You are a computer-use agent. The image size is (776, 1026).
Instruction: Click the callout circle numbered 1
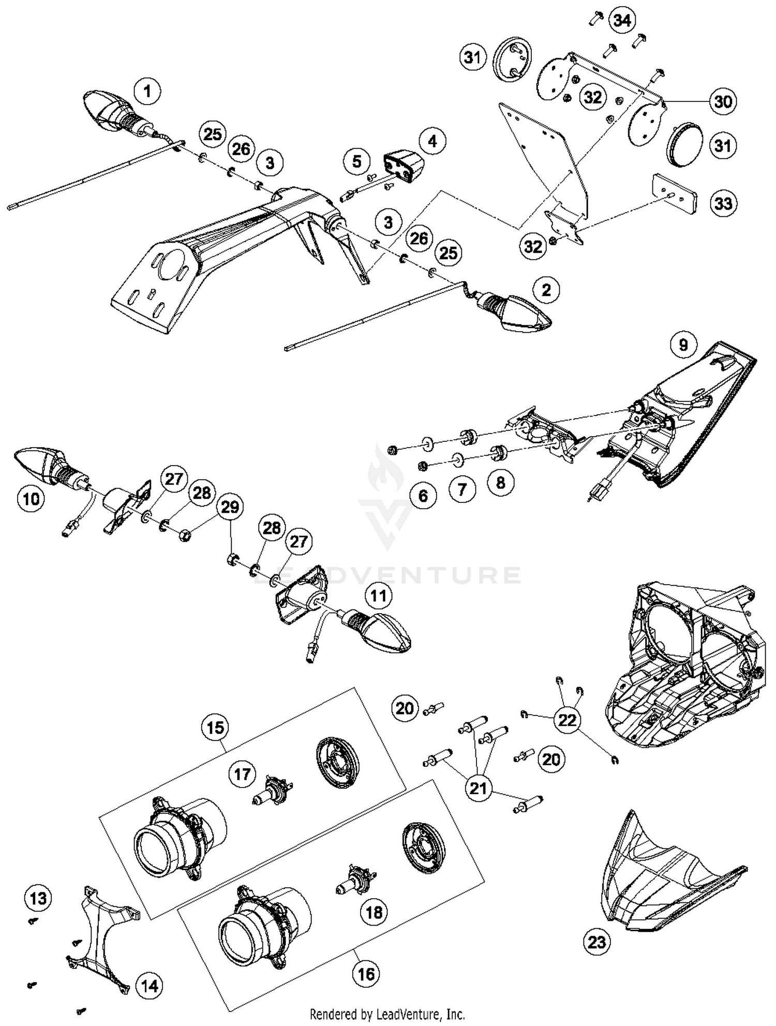[147, 92]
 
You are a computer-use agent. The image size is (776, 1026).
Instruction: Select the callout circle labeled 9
[683, 344]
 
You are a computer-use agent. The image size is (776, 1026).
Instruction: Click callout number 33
[723, 203]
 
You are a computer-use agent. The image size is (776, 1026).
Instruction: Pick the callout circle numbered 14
[150, 986]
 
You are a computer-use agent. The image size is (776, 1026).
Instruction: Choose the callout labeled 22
[567, 720]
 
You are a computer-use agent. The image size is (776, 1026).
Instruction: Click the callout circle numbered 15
[215, 727]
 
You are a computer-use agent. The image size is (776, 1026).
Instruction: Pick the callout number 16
[365, 974]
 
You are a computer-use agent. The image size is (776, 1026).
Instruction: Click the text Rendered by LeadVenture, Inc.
[387, 1014]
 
